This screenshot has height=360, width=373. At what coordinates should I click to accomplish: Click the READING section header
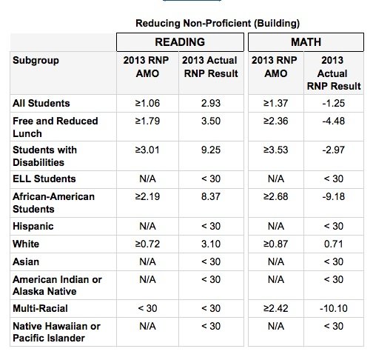point(180,42)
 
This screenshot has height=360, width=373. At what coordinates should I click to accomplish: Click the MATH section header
point(306,42)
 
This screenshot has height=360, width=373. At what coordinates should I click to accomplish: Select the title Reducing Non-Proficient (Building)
point(218,24)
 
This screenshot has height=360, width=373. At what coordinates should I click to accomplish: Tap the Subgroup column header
point(36,61)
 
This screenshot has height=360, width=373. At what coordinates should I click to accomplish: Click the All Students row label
point(41,103)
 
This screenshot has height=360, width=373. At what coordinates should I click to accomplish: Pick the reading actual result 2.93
point(211,103)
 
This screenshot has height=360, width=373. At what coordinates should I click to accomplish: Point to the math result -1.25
point(334,103)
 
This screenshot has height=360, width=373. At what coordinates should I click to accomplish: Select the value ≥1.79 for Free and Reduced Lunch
point(147,121)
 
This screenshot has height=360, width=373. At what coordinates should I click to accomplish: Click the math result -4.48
point(334,121)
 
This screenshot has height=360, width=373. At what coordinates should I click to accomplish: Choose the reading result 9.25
point(211,150)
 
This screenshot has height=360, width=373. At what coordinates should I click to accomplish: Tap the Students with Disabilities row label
point(44,156)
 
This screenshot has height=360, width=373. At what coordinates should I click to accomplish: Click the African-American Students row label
point(53,203)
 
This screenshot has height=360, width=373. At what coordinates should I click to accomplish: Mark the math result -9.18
point(334,196)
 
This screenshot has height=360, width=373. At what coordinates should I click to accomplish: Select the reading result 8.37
point(211,196)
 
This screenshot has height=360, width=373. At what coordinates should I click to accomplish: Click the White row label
point(26,244)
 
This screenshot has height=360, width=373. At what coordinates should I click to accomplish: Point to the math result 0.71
point(334,244)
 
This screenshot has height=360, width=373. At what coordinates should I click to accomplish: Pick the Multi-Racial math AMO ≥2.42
point(276,308)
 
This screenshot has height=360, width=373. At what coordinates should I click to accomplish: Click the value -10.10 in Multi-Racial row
point(334,308)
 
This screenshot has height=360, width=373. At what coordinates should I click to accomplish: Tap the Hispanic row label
point(33,227)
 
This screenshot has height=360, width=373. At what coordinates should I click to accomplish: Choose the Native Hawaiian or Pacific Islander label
point(56,332)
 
